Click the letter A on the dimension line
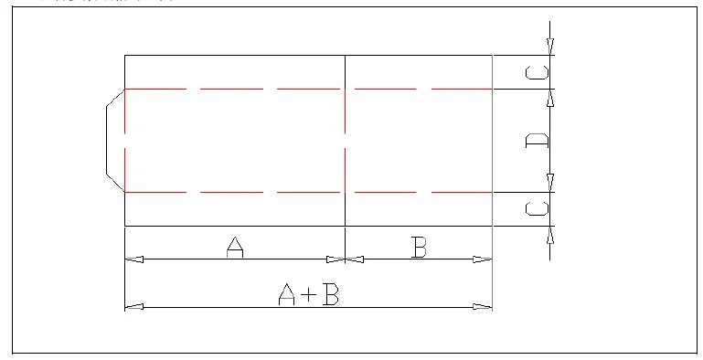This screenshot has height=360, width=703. (235, 247)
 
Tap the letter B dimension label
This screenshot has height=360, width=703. (419, 247)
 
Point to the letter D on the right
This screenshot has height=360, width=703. (538, 141)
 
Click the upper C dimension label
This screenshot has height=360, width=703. (538, 72)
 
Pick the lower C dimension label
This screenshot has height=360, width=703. (538, 209)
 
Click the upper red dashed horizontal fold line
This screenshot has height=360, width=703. (274, 89)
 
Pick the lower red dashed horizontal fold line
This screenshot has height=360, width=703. (274, 193)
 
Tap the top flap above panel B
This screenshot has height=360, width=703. (419, 72)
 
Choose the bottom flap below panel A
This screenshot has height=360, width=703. (235, 209)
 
